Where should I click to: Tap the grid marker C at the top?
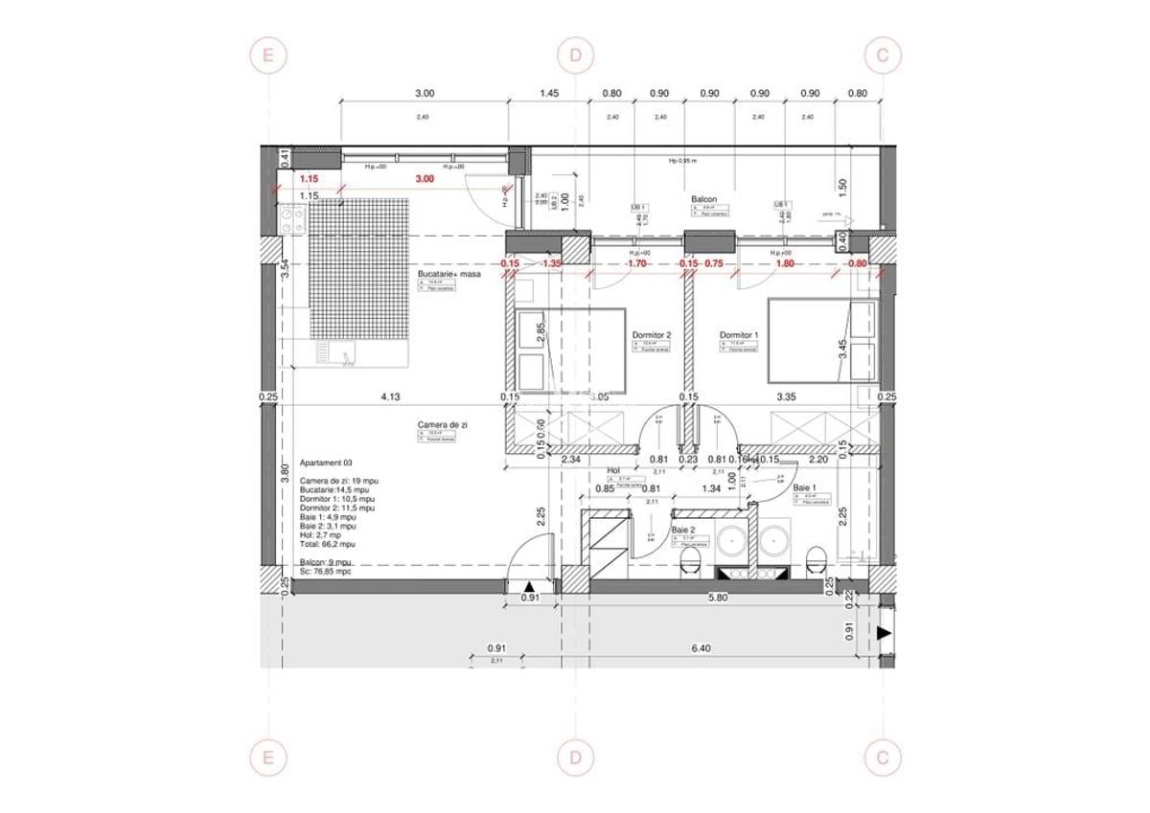(x=882, y=56)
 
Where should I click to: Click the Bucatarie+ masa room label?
(x=448, y=274)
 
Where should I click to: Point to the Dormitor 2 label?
(x=651, y=335)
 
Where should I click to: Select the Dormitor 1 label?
(x=739, y=335)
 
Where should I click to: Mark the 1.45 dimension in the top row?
(x=549, y=94)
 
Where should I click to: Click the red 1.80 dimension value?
(x=784, y=263)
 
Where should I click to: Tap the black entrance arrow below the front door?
(x=531, y=586)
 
